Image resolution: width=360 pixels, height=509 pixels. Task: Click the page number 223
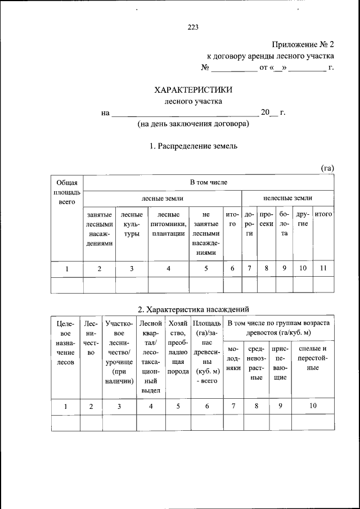coord(193,26)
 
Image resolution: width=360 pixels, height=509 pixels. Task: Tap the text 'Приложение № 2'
coord(303,44)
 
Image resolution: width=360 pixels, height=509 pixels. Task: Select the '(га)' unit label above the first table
coord(327,168)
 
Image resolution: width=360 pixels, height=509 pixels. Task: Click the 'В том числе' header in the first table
coord(208,182)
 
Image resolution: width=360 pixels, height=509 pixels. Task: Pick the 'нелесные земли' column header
coord(287,198)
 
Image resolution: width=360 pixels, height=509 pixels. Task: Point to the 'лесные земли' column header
coord(162,198)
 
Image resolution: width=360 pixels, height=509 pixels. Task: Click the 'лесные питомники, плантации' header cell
coord(168,224)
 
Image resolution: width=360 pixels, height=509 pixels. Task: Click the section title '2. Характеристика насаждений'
coord(193,309)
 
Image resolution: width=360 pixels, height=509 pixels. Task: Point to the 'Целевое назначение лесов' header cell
coord(66,343)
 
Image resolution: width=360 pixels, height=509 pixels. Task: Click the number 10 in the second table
coord(313,406)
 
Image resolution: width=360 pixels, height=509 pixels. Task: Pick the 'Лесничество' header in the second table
coord(91,338)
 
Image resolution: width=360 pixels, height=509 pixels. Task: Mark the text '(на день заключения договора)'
coord(193,124)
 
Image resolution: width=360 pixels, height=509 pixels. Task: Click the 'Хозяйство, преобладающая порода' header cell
coord(178,348)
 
